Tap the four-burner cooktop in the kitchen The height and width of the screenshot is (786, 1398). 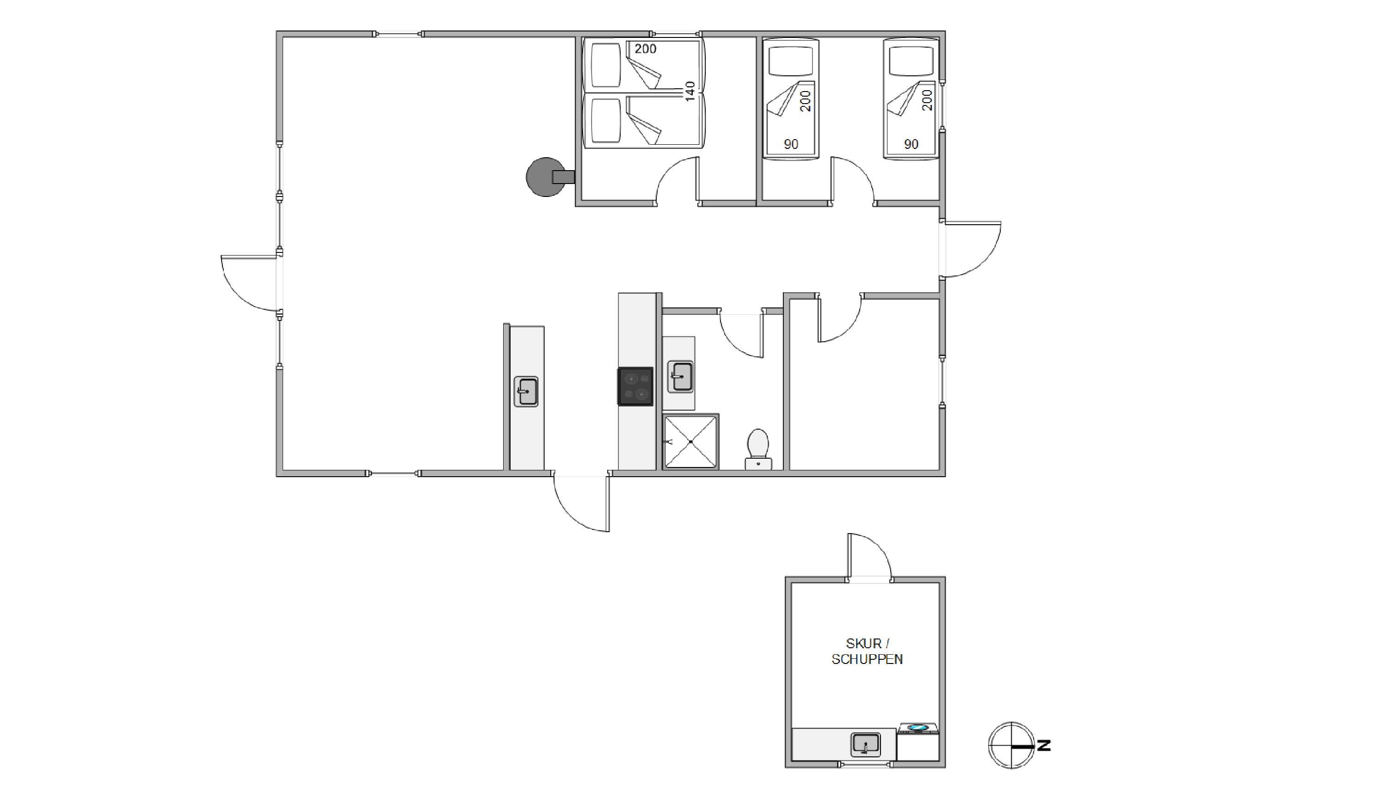635,386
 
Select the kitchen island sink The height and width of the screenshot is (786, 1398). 526,392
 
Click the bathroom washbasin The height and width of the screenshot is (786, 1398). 680,376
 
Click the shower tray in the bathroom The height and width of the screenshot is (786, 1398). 691,442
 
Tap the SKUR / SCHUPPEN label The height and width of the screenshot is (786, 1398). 867,651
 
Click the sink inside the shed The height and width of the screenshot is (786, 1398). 865,744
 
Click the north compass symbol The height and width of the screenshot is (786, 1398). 1011,745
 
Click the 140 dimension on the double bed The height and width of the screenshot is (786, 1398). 690,91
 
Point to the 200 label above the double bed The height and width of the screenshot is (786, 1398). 645,49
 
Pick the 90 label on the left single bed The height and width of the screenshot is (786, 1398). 791,144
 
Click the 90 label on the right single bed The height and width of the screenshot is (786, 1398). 911,144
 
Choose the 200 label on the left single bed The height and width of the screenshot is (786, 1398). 806,101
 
